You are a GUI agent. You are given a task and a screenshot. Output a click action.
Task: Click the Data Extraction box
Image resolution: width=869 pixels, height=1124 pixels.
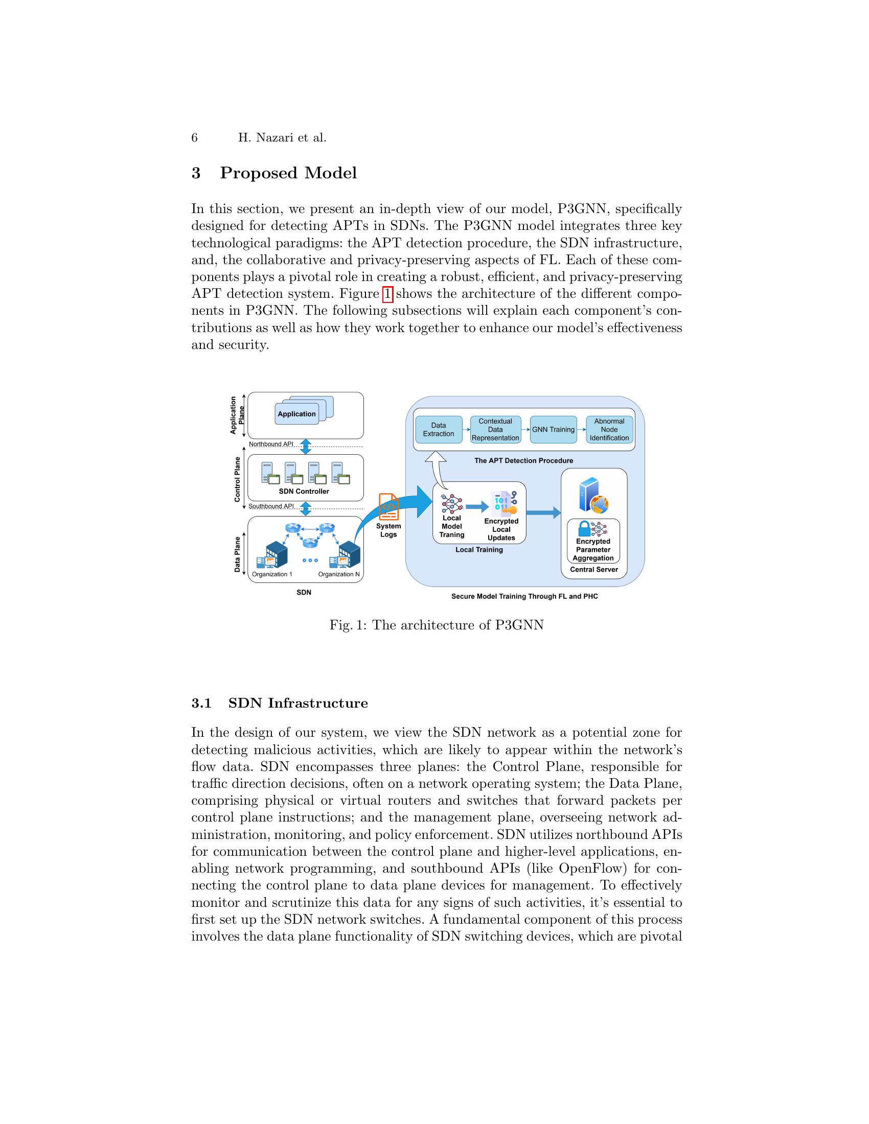click(x=438, y=429)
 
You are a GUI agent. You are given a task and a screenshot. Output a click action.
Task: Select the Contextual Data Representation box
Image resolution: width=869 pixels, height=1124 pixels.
click(x=495, y=429)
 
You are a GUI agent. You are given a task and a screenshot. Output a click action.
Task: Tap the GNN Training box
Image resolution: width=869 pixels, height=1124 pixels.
click(x=553, y=429)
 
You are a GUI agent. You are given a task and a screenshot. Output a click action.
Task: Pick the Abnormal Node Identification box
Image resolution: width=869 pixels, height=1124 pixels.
click(x=609, y=429)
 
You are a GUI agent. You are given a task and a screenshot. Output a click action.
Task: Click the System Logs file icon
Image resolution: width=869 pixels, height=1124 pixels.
click(x=388, y=507)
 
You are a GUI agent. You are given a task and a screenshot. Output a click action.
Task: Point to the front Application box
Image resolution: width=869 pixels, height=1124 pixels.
click(x=296, y=414)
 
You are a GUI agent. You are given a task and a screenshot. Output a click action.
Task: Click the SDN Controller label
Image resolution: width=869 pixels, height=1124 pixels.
click(x=304, y=491)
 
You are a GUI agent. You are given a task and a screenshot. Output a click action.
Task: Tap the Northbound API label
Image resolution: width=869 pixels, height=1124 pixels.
click(x=271, y=444)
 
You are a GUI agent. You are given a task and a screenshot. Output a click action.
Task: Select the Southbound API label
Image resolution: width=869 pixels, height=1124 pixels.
click(x=271, y=506)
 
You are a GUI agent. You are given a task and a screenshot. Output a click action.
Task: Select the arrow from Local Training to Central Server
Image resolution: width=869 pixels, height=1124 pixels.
click(x=543, y=512)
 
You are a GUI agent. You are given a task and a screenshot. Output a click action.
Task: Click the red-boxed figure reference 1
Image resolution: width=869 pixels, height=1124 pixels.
click(x=387, y=294)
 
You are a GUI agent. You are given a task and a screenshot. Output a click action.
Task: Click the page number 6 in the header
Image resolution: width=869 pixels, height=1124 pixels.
click(x=195, y=137)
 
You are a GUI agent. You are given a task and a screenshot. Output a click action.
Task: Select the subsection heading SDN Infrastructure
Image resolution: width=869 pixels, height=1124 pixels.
click(x=298, y=703)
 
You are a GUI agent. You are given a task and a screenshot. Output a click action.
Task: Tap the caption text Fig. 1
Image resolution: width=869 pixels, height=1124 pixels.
click(x=348, y=625)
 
